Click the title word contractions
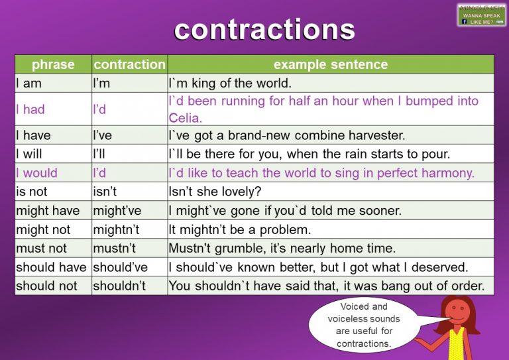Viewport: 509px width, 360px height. pyautogui.click(x=264, y=29)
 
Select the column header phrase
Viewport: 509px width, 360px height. pyautogui.click(x=53, y=64)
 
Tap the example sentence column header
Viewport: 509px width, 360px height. pyautogui.click(x=330, y=64)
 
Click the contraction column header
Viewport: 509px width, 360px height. pyautogui.click(x=129, y=64)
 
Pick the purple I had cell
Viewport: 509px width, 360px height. pyautogui.click(x=30, y=109)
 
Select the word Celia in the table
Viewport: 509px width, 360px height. pyautogui.click(x=185, y=118)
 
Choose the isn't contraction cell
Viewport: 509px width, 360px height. pyautogui.click(x=106, y=192)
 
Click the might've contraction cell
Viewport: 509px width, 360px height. pyautogui.click(x=117, y=211)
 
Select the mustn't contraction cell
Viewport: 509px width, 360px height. pyautogui.click(x=113, y=248)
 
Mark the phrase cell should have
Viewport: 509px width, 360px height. pyautogui.click(x=51, y=267)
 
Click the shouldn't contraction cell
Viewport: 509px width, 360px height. pyautogui.click(x=119, y=286)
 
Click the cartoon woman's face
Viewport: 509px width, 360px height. pyautogui.click(x=455, y=312)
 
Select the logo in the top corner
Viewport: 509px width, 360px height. pyautogui.click(x=481, y=15)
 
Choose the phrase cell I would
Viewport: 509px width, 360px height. pyautogui.click(x=36, y=173)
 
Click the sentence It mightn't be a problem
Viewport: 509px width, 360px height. pyautogui.click(x=239, y=229)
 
